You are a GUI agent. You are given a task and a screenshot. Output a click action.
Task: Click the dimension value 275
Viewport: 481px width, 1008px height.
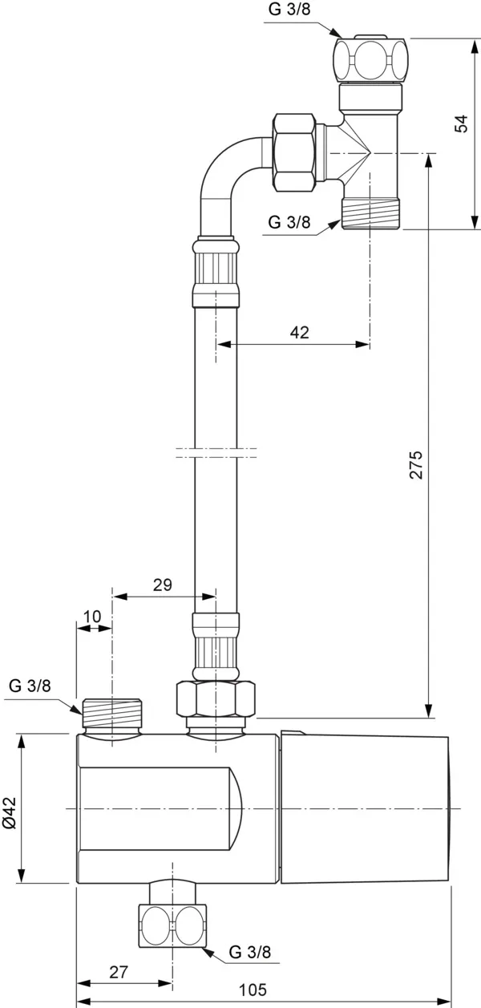[415, 464]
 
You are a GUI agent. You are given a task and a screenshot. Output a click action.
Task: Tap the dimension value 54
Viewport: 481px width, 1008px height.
[460, 123]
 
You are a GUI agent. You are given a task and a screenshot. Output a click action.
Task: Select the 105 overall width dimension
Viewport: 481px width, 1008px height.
[253, 990]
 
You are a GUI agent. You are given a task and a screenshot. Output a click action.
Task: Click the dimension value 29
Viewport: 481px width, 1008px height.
[162, 585]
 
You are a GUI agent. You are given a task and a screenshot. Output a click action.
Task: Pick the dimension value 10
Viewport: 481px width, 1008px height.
[92, 616]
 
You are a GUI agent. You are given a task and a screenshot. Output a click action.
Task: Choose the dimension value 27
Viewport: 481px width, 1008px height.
[118, 972]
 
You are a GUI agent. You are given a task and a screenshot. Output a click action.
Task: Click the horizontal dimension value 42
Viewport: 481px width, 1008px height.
[299, 333]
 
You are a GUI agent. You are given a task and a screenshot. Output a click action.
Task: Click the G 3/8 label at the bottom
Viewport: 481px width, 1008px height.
[250, 953]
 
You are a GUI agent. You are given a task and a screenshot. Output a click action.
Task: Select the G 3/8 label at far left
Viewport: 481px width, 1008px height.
[30, 686]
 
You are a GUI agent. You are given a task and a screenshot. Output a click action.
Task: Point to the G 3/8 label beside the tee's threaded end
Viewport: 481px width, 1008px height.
[289, 222]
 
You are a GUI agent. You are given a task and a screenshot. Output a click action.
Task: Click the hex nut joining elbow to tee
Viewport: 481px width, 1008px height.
[293, 153]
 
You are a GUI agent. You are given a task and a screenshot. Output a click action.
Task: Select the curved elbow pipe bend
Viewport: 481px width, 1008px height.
[228, 176]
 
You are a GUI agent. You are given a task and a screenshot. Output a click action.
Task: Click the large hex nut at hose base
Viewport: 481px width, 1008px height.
[215, 699]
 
